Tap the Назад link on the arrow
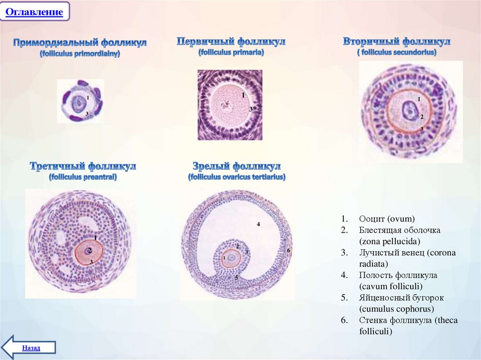pos(31,348)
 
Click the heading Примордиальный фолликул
pos(80,43)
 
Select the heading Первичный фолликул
pos(231,42)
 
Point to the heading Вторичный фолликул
pos(396,42)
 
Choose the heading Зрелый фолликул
pos(237,166)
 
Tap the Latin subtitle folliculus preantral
pos(83,177)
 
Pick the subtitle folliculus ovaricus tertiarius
pos(237,177)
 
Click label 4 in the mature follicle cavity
pos(258,224)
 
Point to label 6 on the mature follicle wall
pos(288,251)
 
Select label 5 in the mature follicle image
pos(237,278)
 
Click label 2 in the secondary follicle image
pos(421,117)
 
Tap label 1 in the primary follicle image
pos(243,95)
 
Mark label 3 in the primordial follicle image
pos(86,114)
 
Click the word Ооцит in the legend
pos(372,219)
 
